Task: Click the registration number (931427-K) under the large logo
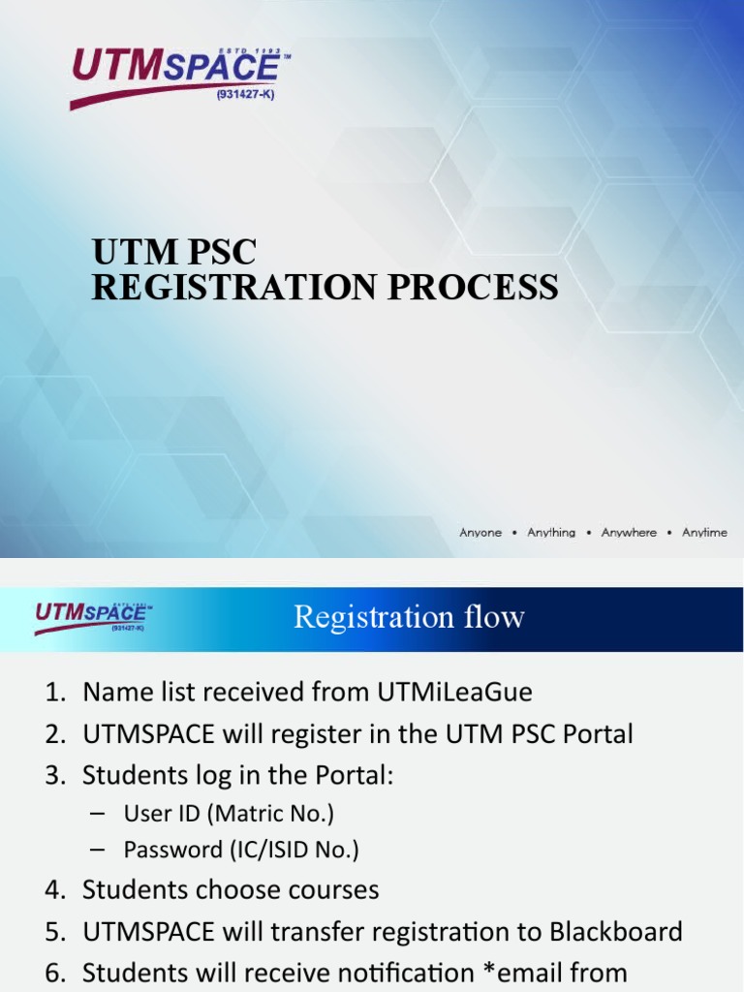[x=238, y=95]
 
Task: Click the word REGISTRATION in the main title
[x=241, y=288]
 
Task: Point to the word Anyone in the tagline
[x=480, y=533]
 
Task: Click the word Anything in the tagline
[x=550, y=533]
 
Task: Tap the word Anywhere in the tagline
[x=628, y=533]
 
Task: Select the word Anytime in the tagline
[x=704, y=533]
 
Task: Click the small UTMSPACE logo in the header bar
[x=93, y=616]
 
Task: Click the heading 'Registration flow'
[x=409, y=617]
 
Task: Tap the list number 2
[x=52, y=734]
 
